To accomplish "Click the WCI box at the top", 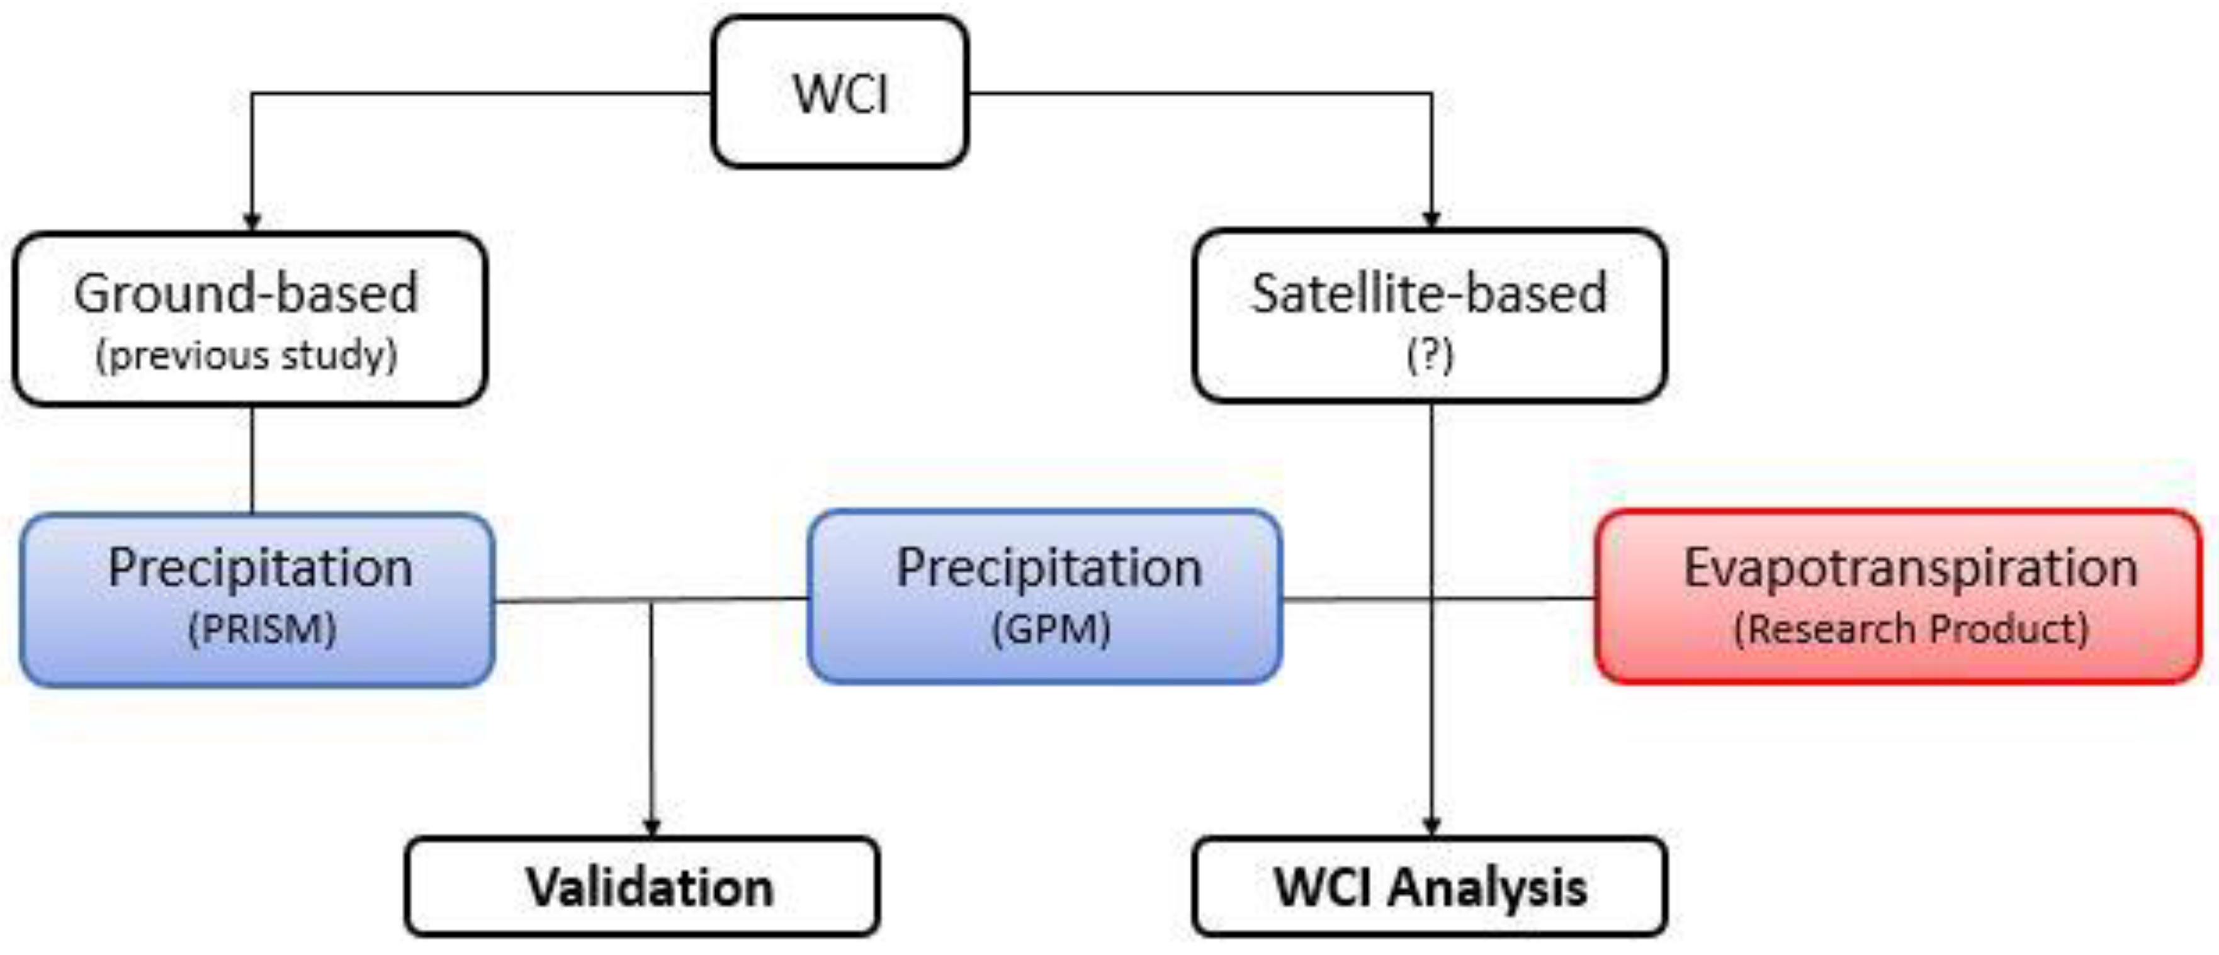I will coord(840,92).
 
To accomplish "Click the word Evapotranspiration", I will coord(1911,568).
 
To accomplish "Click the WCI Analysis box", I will coord(1430,887).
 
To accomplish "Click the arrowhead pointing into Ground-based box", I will coord(252,222).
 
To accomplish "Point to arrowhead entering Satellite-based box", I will coord(1431,220).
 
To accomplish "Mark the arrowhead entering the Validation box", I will coord(652,827).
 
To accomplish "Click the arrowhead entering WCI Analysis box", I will coord(1431,827).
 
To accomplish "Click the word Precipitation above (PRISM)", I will coord(260,568).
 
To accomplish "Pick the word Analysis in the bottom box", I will coord(1487,887).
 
